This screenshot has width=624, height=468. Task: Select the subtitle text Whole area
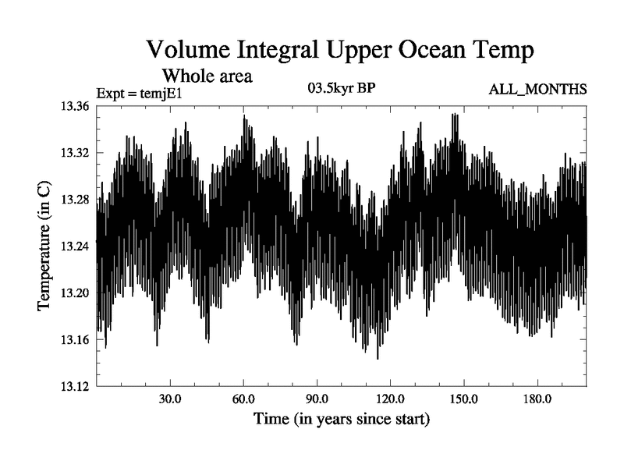206,76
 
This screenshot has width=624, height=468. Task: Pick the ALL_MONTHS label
537,90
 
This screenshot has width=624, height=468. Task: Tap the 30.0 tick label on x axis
170,399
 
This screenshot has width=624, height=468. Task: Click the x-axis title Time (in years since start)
342,420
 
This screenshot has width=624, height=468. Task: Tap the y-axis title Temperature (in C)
44,246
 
